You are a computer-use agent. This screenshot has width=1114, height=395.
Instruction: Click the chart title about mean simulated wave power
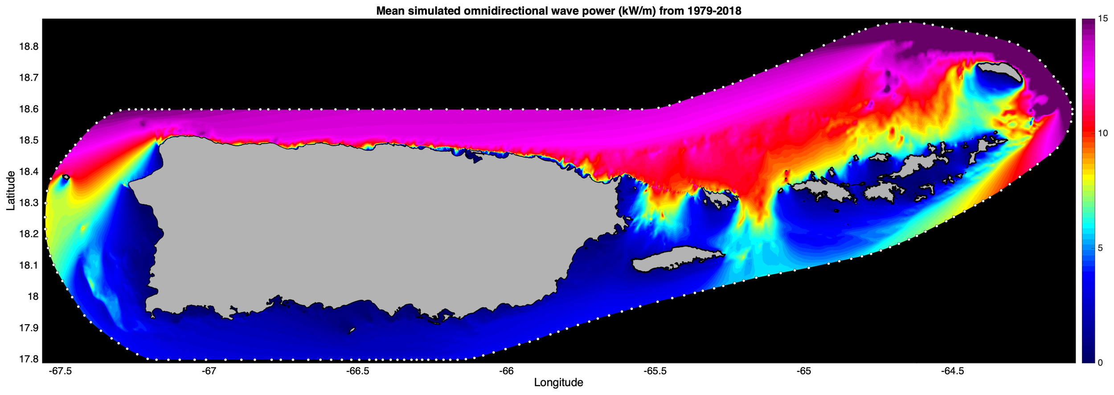point(558,11)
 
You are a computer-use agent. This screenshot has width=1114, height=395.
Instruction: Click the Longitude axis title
point(558,383)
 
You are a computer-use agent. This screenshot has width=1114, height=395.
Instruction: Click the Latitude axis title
point(11,190)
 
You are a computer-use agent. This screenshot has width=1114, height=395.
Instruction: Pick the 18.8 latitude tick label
point(29,47)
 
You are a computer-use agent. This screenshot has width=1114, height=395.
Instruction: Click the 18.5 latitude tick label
point(29,140)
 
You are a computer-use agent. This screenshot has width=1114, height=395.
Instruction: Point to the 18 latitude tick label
point(33,297)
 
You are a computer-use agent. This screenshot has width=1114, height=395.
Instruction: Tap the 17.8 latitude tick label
point(29,359)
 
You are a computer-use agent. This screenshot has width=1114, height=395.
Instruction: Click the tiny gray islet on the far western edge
point(66,177)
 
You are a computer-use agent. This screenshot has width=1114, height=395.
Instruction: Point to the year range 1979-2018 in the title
point(708,11)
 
